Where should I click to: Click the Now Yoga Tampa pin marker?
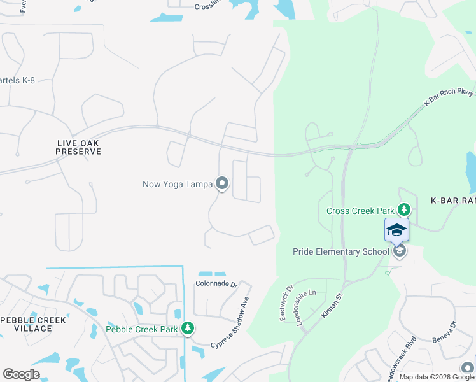click(x=222, y=184)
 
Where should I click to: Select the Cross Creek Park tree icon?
click(x=403, y=209)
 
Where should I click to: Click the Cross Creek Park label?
click(x=360, y=211)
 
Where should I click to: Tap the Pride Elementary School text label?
click(x=340, y=251)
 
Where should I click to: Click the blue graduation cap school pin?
click(x=396, y=230)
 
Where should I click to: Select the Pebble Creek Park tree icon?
click(x=187, y=329)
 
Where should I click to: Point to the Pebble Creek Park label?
click(x=142, y=329)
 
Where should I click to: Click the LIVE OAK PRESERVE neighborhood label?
click(x=78, y=147)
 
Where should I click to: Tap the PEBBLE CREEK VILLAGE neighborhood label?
click(x=26, y=323)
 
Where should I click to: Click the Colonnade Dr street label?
click(x=216, y=285)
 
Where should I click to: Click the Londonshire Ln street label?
click(x=306, y=308)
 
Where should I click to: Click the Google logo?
click(x=21, y=374)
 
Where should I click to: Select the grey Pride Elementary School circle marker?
click(x=400, y=251)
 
